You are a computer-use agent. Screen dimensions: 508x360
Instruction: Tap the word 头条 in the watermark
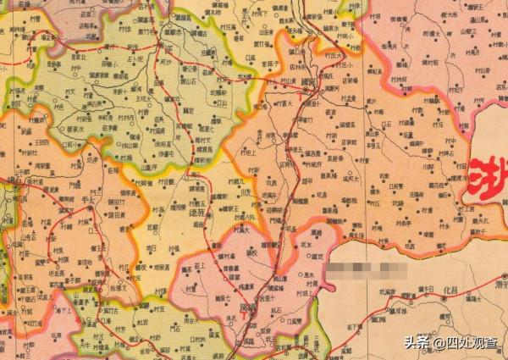click(414, 342)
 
